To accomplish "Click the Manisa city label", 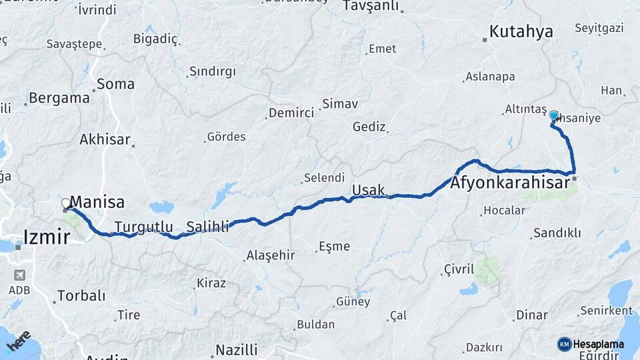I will [x=97, y=201].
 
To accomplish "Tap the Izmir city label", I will [x=47, y=236].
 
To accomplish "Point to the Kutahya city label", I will [x=521, y=31].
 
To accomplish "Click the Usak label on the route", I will [x=368, y=189].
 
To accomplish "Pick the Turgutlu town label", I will [x=143, y=226].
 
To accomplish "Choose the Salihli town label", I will [x=207, y=227].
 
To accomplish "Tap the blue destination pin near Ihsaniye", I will [x=553, y=116].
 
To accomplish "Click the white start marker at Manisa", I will [x=65, y=203].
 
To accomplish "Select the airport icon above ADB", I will [x=19, y=275].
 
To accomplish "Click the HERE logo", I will [x=19, y=341].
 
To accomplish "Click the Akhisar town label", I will [x=105, y=139].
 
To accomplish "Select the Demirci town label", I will [x=291, y=113].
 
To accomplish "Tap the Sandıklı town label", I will [x=557, y=233].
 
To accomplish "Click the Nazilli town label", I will [x=236, y=350].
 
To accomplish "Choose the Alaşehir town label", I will [x=271, y=255].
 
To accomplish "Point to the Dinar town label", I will [x=531, y=315].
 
